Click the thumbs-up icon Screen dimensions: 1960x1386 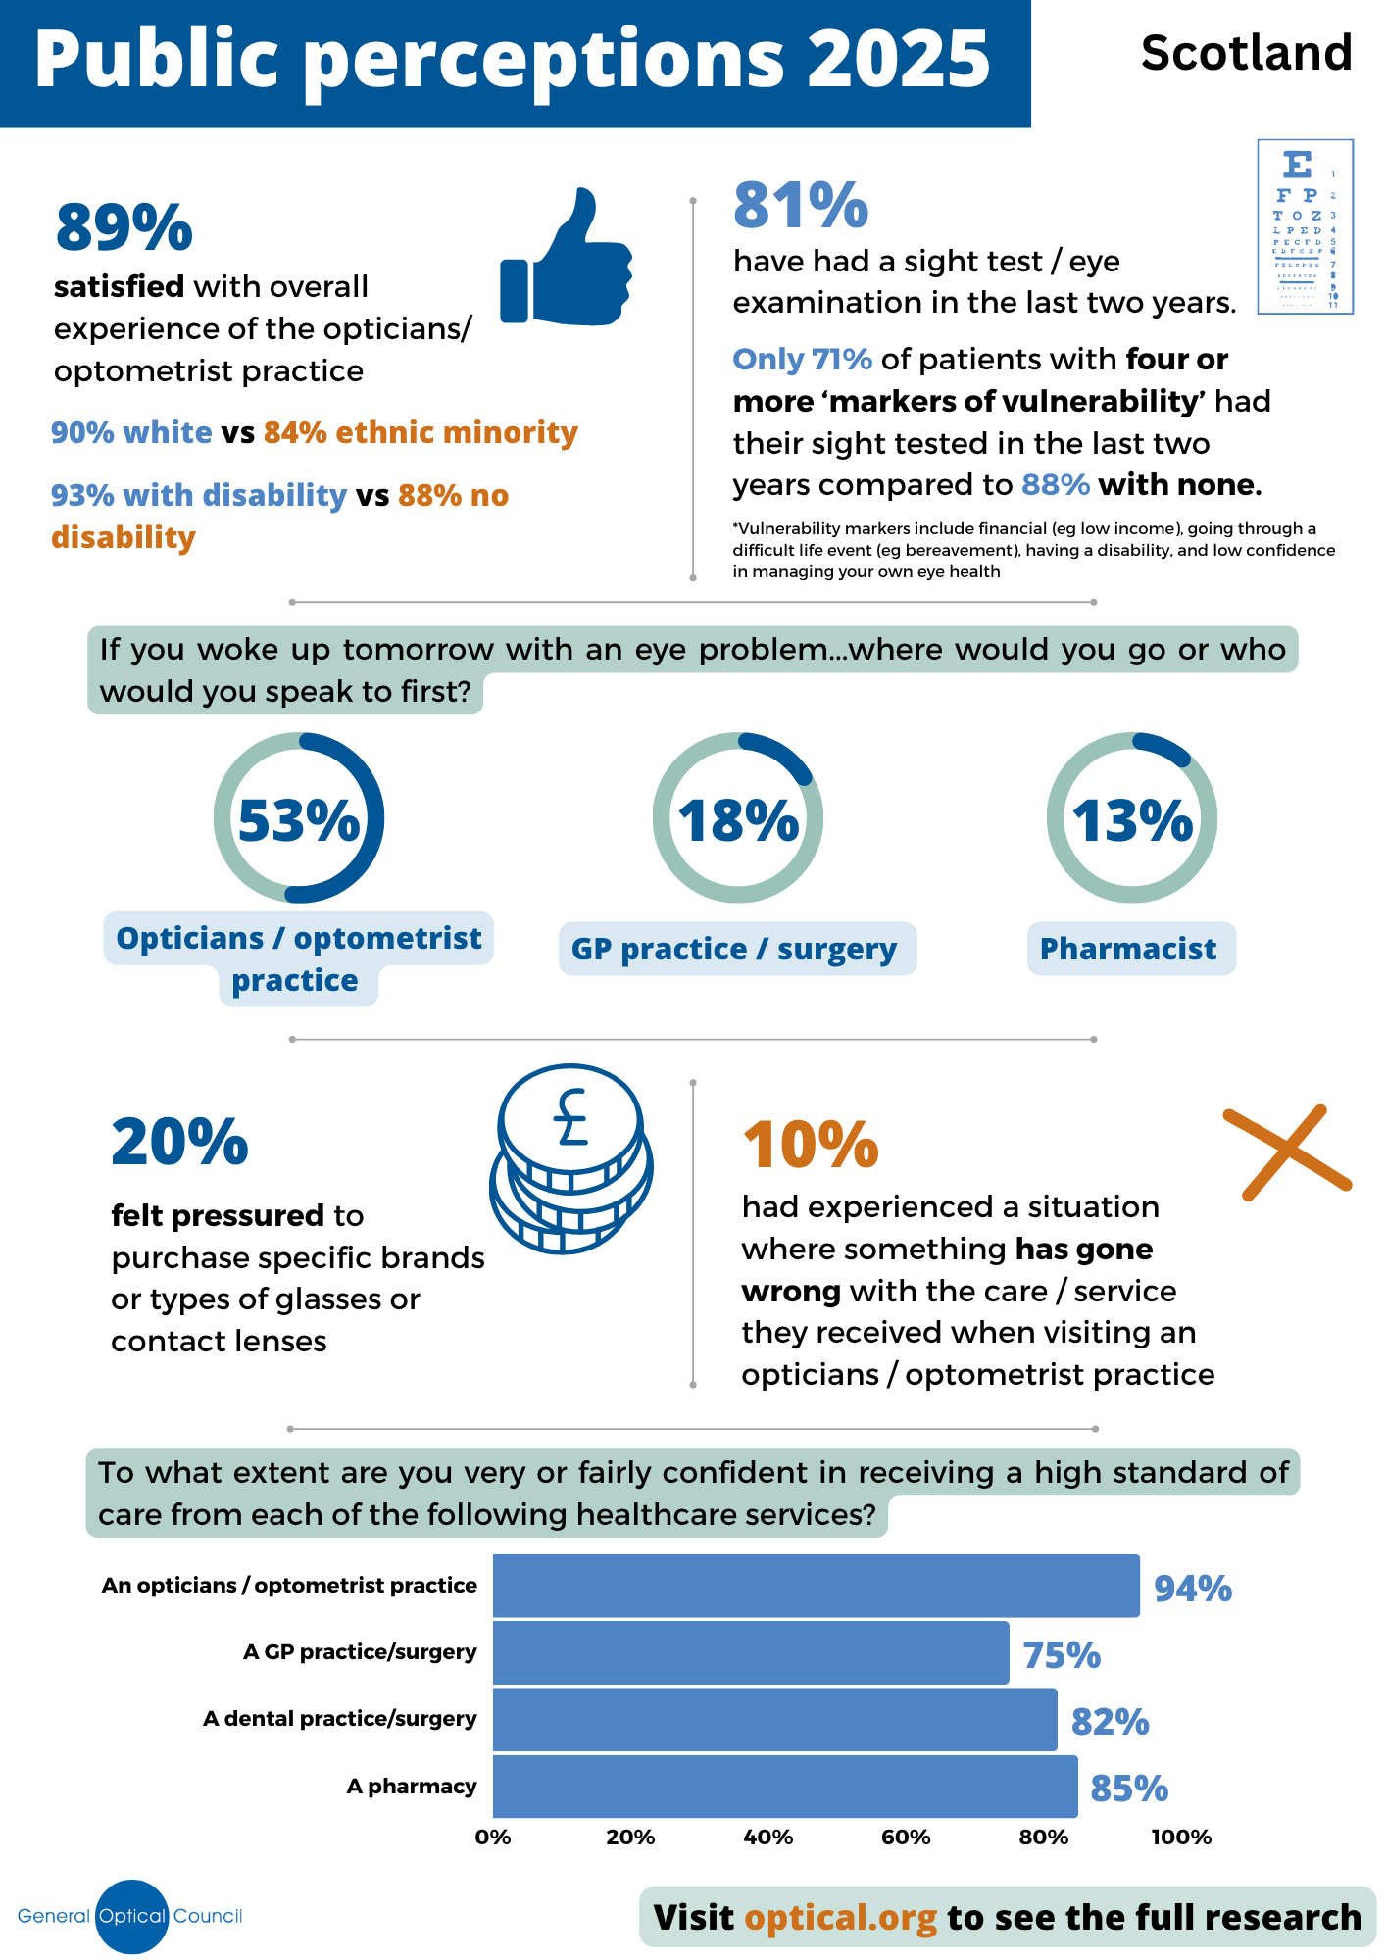tap(567, 260)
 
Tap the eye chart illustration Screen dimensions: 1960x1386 tap(1305, 226)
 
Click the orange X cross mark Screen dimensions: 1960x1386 tap(1287, 1152)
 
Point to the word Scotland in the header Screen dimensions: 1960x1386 tap(1246, 53)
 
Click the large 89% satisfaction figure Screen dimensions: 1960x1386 tap(124, 228)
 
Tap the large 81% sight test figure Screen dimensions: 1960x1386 tap(801, 206)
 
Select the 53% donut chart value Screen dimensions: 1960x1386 tap(299, 820)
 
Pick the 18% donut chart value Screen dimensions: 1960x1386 tap(738, 820)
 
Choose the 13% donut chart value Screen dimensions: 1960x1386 tap(1132, 820)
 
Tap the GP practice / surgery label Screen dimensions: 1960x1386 tap(734, 949)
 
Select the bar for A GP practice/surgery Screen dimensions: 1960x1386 tap(750, 1652)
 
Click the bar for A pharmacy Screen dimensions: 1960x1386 tap(784, 1786)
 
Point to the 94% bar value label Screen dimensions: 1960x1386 tap(1192, 1588)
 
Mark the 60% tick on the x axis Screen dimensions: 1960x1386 tap(906, 1837)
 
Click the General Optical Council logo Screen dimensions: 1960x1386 tap(130, 1916)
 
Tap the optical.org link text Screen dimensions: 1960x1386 tap(840, 1917)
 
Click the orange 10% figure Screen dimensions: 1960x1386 tap(811, 1145)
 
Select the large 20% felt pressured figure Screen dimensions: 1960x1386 tap(179, 1143)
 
